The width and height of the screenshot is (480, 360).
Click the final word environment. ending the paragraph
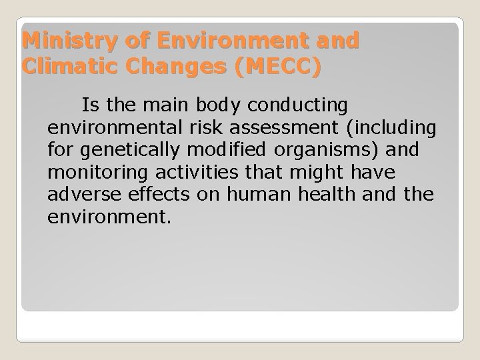[110, 216]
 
